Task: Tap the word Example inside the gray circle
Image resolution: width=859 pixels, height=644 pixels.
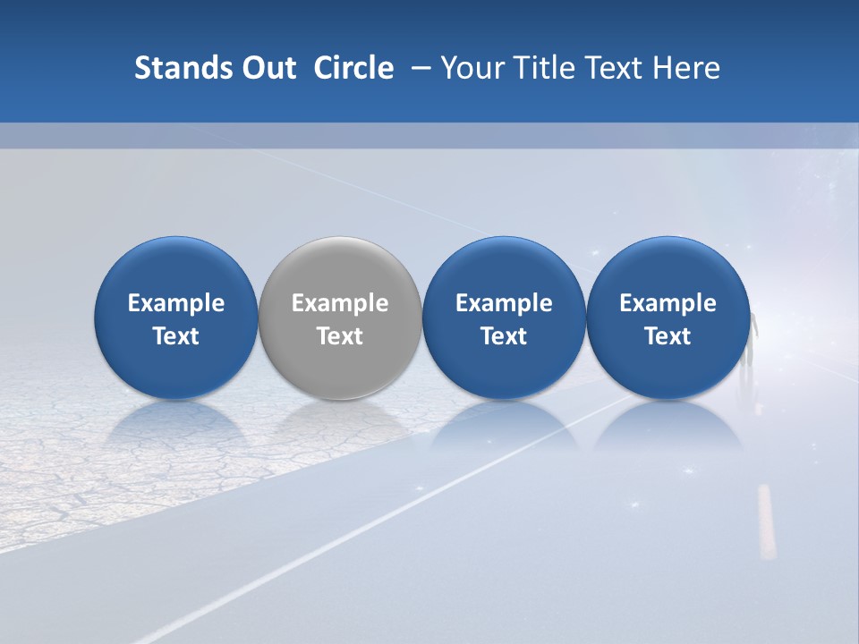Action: click(340, 303)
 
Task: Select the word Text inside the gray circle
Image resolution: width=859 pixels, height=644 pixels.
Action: click(340, 336)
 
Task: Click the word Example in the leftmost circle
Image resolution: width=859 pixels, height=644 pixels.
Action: click(176, 303)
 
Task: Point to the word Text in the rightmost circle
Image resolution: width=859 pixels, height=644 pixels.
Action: click(668, 336)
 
